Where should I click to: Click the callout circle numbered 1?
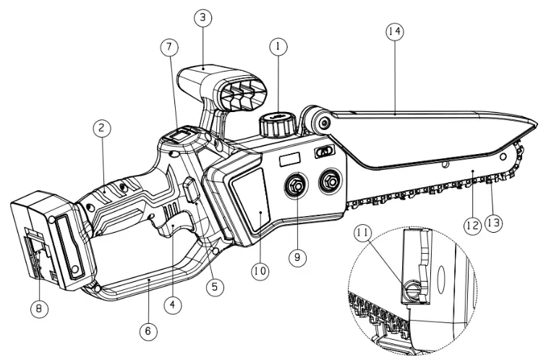click(278, 45)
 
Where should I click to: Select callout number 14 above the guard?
click(395, 32)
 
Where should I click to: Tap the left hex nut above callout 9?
click(296, 184)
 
